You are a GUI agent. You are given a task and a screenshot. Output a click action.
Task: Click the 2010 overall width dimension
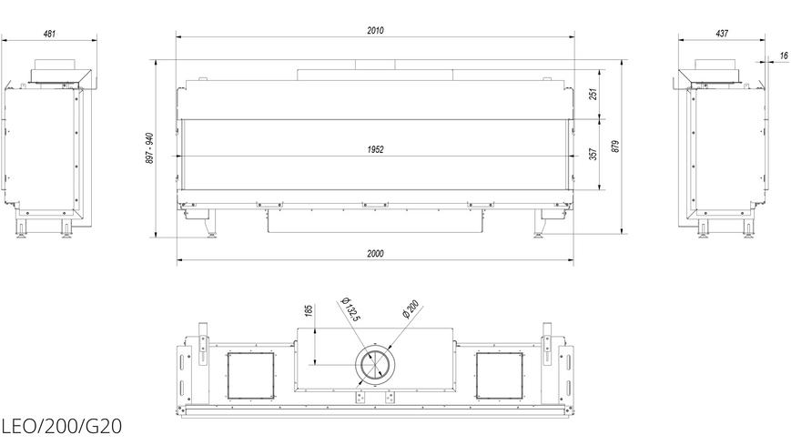pyautogui.click(x=375, y=30)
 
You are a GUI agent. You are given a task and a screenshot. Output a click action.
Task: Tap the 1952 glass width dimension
pyautogui.click(x=375, y=149)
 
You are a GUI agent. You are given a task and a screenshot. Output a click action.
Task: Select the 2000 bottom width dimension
pyautogui.click(x=375, y=253)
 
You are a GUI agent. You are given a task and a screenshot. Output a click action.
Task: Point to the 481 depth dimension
pyautogui.click(x=49, y=34)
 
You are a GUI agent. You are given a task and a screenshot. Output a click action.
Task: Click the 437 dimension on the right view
pyautogui.click(x=722, y=34)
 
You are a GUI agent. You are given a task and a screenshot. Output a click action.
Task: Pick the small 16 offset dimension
pyautogui.click(x=784, y=56)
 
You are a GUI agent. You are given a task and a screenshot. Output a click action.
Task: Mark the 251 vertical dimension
pyautogui.click(x=593, y=95)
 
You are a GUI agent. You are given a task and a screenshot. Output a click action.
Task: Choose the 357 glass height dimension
pyautogui.click(x=593, y=155)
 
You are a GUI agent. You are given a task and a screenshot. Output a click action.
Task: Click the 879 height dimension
pyautogui.click(x=615, y=147)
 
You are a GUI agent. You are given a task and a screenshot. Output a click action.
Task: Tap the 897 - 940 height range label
pyautogui.click(x=150, y=147)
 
